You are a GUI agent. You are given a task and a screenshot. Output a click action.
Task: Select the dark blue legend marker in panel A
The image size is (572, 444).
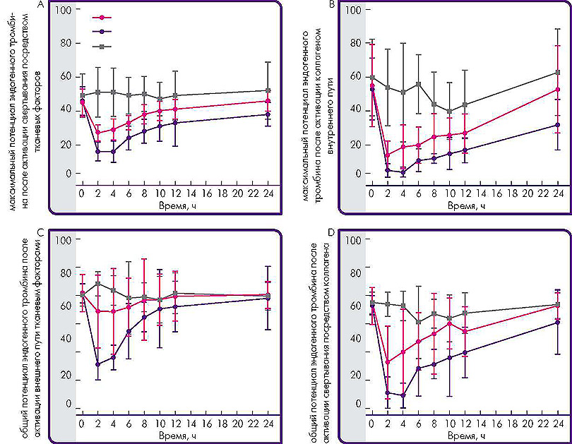(103, 32)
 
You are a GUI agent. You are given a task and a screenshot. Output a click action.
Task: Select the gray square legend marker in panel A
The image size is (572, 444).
(103, 47)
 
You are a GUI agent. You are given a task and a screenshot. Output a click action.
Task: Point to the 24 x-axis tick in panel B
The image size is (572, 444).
(559, 193)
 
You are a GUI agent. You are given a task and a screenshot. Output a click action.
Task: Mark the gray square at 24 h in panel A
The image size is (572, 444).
(268, 90)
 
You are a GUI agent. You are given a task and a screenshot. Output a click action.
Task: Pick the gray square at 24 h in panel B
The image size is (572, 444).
(559, 73)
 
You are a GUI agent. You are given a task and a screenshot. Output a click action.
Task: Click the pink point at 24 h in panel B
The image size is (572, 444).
(559, 90)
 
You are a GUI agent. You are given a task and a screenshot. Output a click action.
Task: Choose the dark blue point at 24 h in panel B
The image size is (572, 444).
(559, 125)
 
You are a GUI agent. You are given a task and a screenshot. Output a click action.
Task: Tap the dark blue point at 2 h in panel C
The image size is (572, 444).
(97, 364)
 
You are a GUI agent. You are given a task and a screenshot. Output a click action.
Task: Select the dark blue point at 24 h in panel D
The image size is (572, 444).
(559, 323)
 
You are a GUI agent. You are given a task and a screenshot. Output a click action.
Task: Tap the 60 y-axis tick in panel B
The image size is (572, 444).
(354, 77)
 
